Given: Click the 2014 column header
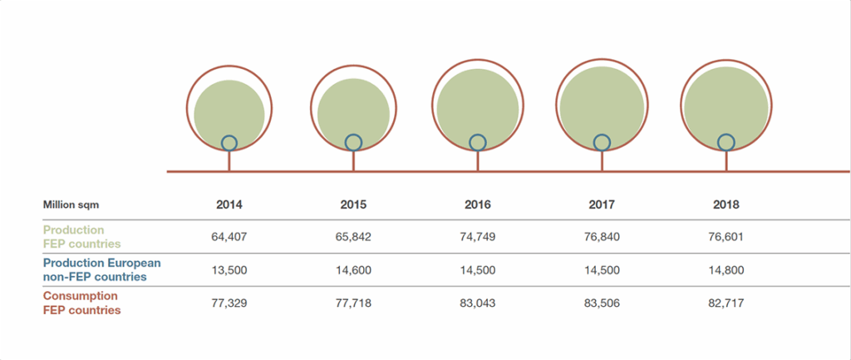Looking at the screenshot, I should point(229,204).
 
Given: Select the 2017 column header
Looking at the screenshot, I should point(602,204).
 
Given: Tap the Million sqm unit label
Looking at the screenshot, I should point(71,204).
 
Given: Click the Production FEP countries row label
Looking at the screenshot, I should point(81,237).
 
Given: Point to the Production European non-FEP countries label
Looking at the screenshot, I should point(101,269).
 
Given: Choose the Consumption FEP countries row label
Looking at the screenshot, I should point(81,303).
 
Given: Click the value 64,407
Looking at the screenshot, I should point(229,237).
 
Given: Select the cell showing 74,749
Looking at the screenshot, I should point(478,237).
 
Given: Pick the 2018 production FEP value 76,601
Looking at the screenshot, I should point(726,237).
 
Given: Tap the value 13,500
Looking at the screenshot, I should point(229,269).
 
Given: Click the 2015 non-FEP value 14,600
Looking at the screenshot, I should point(353,269).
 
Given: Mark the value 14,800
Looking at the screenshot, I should point(726,269).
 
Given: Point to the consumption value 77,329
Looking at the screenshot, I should point(229,303).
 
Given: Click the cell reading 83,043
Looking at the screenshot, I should point(478,303).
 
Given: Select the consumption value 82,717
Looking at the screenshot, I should point(726,303).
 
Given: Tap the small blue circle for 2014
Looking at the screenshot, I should point(229,142).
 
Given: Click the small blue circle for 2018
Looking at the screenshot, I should point(726,142).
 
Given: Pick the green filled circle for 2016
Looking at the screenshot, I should point(478,104).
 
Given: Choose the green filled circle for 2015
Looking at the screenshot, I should point(353,108).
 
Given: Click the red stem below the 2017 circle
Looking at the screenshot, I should point(602,161).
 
